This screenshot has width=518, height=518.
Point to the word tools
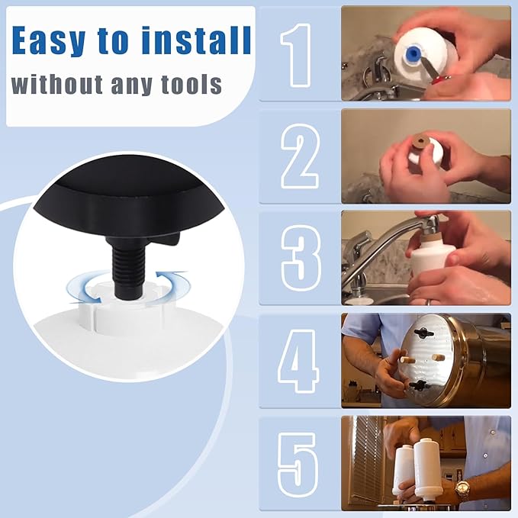pyautogui.click(x=186, y=84)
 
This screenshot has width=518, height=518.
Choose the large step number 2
pyautogui.click(x=299, y=156)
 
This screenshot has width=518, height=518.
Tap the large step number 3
pyautogui.click(x=299, y=258)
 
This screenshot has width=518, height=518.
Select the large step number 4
pyautogui.click(x=299, y=360)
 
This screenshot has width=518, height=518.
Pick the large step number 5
pyautogui.click(x=298, y=462)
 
